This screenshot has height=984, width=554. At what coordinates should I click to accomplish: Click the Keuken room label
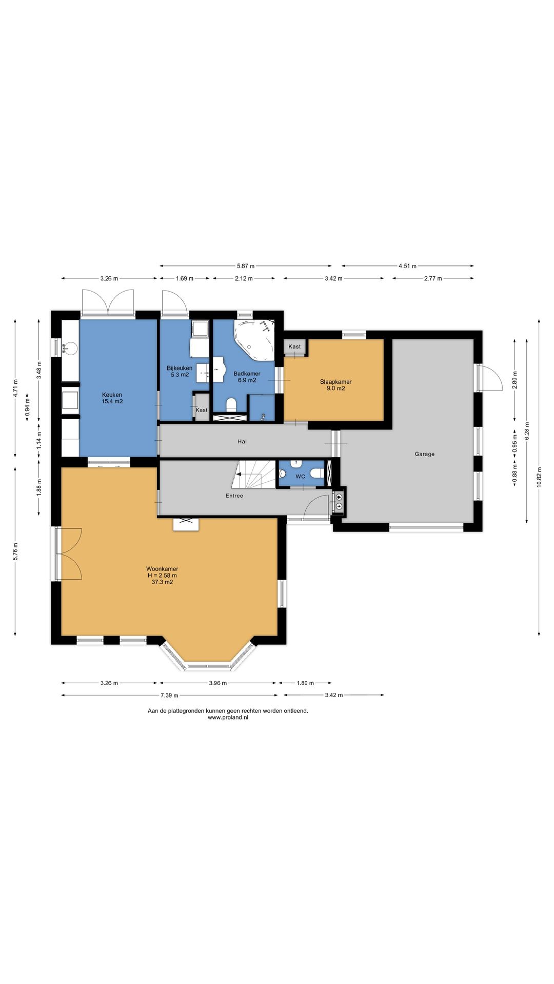coord(112,395)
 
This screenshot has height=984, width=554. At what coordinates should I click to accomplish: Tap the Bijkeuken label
coord(180,368)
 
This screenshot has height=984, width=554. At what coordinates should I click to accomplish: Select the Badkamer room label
coord(247,374)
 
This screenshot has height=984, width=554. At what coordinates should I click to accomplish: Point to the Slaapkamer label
coord(335,382)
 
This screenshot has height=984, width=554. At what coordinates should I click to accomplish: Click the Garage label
coord(424,454)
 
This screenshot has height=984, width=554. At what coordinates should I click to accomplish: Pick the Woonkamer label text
coord(162,569)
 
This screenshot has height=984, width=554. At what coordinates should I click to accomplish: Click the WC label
coord(300,477)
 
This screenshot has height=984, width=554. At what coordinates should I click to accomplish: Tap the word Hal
coord(242,441)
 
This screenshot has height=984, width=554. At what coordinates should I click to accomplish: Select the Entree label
coord(234,496)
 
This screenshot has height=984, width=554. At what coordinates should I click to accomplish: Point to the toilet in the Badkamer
coord(231,405)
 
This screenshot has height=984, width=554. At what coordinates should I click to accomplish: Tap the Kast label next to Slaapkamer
coord(294,347)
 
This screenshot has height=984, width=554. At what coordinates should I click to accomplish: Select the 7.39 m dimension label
coord(169,695)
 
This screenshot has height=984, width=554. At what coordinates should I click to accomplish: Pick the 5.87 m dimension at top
coord(246,266)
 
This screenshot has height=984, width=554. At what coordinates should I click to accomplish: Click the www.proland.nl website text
coord(228,717)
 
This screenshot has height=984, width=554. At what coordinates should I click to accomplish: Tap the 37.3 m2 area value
coord(162,582)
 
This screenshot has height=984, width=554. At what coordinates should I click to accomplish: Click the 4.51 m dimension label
coord(407,266)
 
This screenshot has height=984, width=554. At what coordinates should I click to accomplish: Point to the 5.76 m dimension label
coord(15,551)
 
